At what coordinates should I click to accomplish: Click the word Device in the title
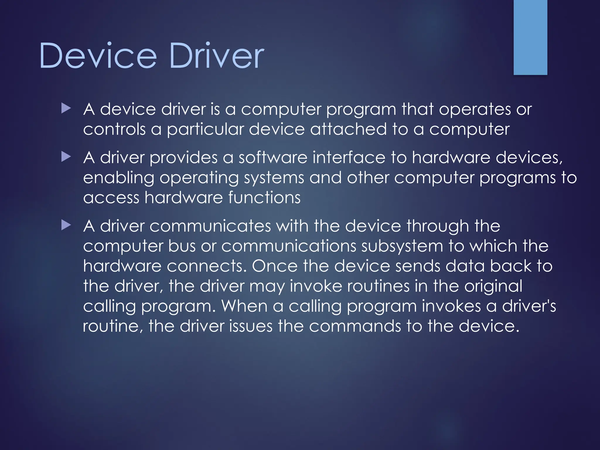(x=98, y=56)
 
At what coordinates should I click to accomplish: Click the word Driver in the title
(x=217, y=56)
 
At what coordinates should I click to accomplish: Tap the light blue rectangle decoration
(x=530, y=37)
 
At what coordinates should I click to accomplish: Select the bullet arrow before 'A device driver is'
(x=66, y=109)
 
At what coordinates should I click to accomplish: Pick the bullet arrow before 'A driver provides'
(x=66, y=157)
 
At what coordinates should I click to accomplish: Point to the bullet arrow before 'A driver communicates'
(x=66, y=226)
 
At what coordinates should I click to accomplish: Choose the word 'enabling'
(x=118, y=178)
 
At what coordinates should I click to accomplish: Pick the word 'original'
(x=493, y=287)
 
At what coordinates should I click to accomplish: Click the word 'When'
(x=244, y=306)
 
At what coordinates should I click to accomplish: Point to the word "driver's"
(x=529, y=306)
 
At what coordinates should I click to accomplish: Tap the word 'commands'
(x=355, y=326)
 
